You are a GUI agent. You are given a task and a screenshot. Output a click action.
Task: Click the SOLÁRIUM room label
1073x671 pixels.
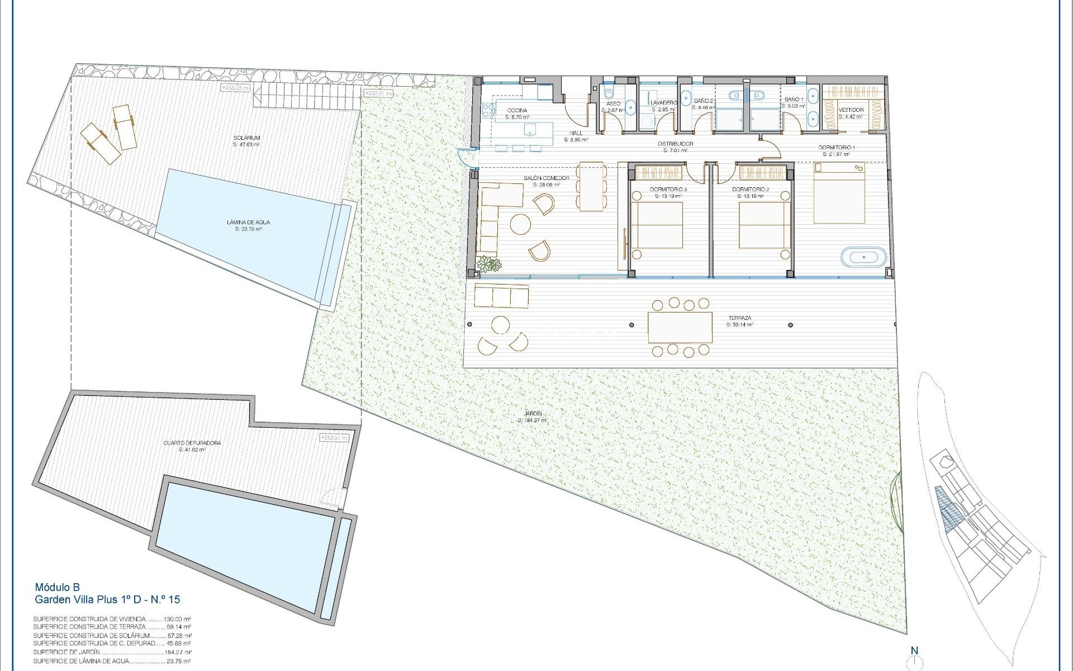point(247,138)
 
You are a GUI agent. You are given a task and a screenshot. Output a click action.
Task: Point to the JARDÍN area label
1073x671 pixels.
point(530,414)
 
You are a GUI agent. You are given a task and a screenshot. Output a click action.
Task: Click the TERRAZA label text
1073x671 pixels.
point(740,318)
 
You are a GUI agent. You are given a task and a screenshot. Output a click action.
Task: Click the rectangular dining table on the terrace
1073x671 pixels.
point(680,328)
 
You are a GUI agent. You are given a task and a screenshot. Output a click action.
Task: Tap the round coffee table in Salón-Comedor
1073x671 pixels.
point(521,225)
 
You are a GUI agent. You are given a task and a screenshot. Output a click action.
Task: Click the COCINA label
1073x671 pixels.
point(517,111)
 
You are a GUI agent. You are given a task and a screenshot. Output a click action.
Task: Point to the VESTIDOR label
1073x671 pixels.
point(851,110)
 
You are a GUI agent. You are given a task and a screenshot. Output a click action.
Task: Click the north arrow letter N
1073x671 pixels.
point(914,650)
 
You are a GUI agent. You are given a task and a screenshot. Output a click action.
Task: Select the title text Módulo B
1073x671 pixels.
point(58,587)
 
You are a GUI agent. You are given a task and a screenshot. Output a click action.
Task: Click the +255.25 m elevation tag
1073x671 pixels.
point(235,88)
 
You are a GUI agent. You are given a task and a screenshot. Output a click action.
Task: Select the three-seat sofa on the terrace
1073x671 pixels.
point(501,296)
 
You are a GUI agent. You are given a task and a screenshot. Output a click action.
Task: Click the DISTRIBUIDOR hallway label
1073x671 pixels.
point(675,144)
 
